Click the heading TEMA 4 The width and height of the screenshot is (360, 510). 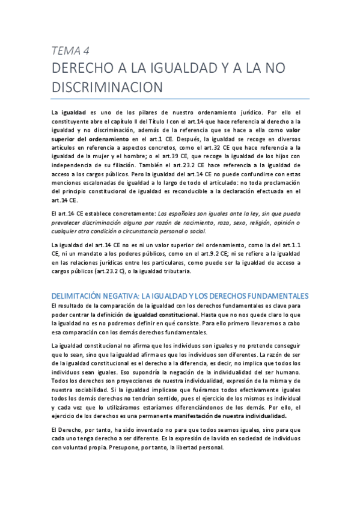(71, 50)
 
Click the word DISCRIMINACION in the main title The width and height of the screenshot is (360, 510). (108, 87)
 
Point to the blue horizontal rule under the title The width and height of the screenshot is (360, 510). (180, 99)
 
